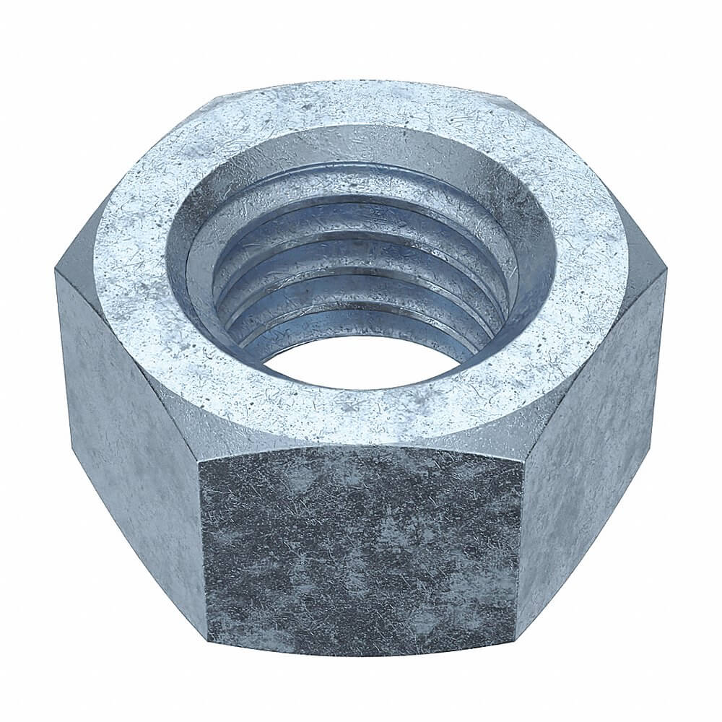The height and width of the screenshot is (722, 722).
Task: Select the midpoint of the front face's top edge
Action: click(361, 449)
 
